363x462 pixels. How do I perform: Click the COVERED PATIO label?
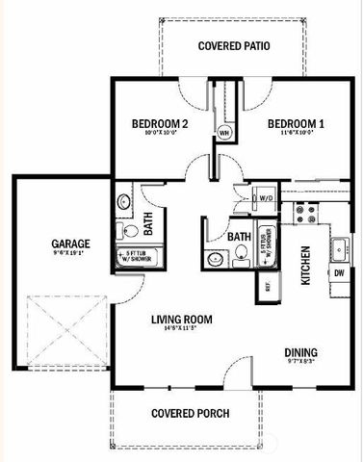point(233,45)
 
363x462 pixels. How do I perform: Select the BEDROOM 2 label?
point(158,124)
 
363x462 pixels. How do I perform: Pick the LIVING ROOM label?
point(181,320)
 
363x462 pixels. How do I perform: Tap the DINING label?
point(300,352)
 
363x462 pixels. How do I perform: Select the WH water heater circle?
point(224,133)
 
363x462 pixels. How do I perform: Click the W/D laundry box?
point(267,197)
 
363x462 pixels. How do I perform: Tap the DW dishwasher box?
point(339,273)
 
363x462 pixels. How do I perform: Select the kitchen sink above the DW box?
point(339,248)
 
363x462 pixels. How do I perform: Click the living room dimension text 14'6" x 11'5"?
point(181,331)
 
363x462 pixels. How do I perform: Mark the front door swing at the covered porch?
point(235,370)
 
